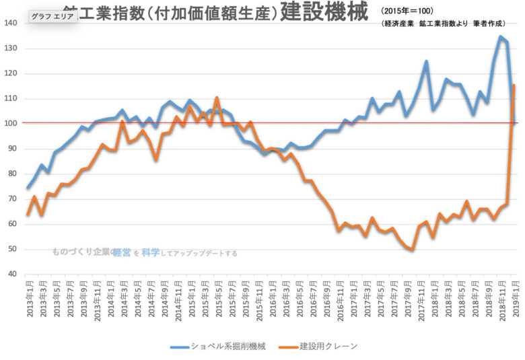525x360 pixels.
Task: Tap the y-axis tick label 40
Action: point(12,275)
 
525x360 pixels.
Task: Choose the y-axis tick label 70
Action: point(12,199)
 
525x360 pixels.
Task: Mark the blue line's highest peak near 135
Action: point(500,36)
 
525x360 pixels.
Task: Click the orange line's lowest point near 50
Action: point(412,250)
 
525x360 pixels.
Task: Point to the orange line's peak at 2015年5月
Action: point(217,98)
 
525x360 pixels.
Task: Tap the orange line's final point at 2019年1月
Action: point(515,85)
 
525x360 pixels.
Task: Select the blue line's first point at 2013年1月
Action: point(28,188)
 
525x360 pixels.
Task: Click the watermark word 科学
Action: point(151,253)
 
